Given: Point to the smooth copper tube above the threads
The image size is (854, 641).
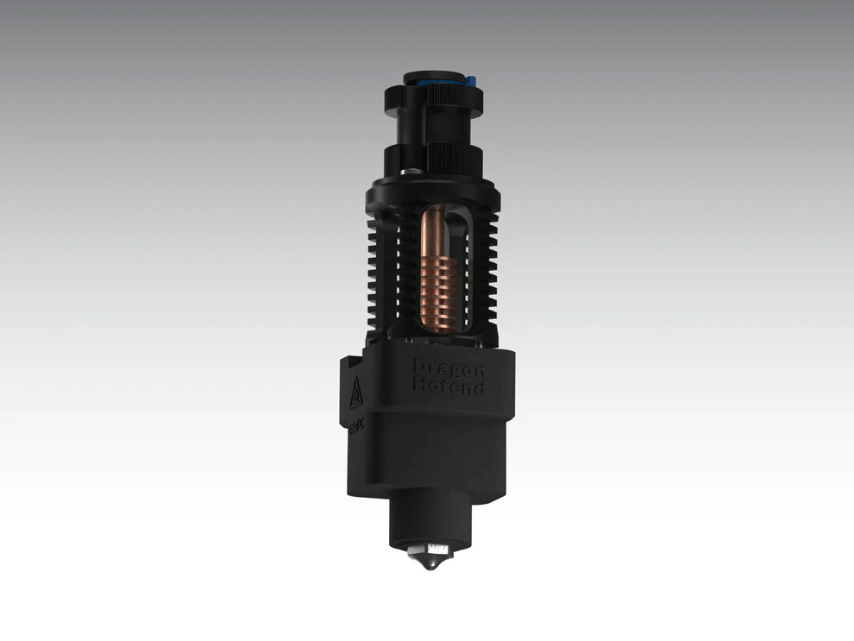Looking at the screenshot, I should point(435,226).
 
